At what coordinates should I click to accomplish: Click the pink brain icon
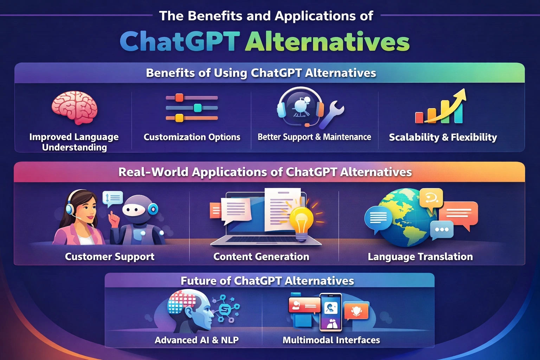pyautogui.click(x=75, y=107)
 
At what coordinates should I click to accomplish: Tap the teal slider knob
pyautogui.click(x=198, y=108)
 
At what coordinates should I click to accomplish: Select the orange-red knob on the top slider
pyautogui.click(x=179, y=97)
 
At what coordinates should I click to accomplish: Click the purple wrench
pyautogui.click(x=332, y=115)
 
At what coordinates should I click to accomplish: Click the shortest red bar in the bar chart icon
pyautogui.click(x=419, y=118)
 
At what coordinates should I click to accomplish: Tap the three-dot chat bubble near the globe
pyautogui.click(x=442, y=230)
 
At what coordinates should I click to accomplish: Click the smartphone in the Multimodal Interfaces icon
pyautogui.click(x=330, y=312)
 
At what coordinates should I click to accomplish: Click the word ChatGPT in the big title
pyautogui.click(x=180, y=41)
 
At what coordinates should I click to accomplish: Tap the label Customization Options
pyautogui.click(x=192, y=137)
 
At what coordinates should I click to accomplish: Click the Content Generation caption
pyautogui.click(x=261, y=257)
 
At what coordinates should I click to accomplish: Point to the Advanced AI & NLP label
pyautogui.click(x=197, y=340)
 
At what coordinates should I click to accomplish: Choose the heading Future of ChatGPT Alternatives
pyautogui.click(x=267, y=281)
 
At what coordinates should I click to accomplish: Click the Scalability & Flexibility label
pyautogui.click(x=443, y=137)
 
